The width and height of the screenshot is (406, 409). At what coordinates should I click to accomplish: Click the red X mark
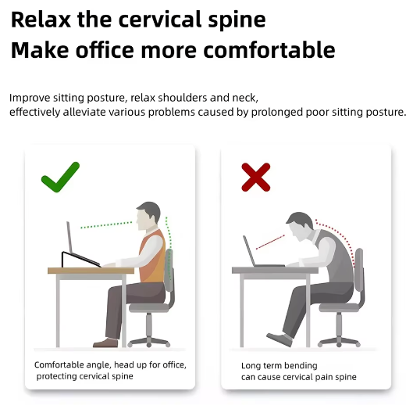tap(256, 178)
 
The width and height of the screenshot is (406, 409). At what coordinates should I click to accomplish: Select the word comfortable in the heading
tap(269, 50)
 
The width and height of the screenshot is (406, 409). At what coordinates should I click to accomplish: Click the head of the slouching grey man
tap(300, 227)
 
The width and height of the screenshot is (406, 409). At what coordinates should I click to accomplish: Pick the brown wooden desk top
tap(91, 271)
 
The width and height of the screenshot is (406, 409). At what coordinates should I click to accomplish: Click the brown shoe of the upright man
tap(105, 343)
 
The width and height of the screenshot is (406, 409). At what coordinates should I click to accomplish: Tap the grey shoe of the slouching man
tap(280, 339)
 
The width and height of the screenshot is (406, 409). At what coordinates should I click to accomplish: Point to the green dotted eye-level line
tap(106, 225)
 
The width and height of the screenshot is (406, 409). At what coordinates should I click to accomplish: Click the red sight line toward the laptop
tap(270, 242)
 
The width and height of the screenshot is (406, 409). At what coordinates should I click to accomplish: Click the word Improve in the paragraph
tap(30, 99)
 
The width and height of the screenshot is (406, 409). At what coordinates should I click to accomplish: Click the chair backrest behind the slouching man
tap(359, 270)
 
